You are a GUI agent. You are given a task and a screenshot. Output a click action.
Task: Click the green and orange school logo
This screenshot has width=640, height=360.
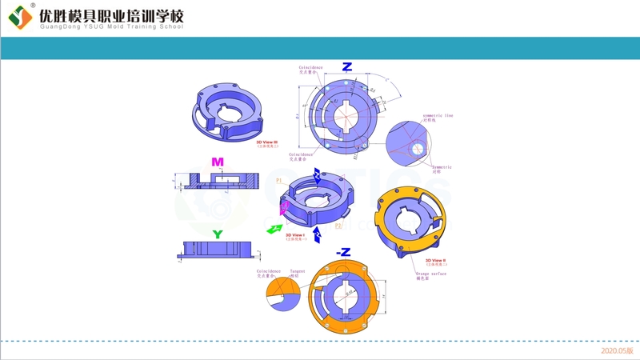pyautogui.click(x=20, y=16)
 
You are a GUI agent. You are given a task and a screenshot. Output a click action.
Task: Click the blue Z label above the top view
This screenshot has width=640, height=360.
pyautogui.click(x=346, y=66)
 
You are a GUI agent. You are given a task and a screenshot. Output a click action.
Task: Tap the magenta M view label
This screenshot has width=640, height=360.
pyautogui.click(x=217, y=162)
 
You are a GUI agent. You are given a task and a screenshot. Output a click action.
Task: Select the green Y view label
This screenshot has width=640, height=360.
pyautogui.click(x=217, y=234)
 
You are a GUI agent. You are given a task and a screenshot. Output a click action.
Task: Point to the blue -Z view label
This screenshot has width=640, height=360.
pyautogui.click(x=344, y=252)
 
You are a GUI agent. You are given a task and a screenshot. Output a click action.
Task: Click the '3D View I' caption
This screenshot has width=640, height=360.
pyautogui.click(x=306, y=235)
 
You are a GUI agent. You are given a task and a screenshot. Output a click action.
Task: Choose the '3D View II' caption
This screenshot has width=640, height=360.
pyautogui.click(x=436, y=261)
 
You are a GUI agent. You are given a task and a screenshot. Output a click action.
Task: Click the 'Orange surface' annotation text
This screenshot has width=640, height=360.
pyautogui.click(x=431, y=274)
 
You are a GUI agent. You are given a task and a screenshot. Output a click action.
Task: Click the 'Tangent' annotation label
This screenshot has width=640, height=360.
pyautogui.click(x=297, y=271)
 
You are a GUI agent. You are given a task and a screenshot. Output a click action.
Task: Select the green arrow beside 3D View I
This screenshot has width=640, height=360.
pyautogui.click(x=274, y=229)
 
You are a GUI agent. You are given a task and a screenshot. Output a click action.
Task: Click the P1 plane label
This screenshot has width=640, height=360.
pyautogui.click(x=278, y=182)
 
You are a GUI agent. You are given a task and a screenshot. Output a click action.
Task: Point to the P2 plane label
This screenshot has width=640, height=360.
pyautogui.click(x=338, y=226)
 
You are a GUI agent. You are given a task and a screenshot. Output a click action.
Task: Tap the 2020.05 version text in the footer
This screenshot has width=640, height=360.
pyautogui.click(x=617, y=350)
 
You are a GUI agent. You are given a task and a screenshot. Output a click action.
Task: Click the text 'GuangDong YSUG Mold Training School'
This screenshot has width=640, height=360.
pyautogui.click(x=111, y=26)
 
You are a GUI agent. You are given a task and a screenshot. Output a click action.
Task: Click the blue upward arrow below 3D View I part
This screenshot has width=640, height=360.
pyautogui.click(x=318, y=234)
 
